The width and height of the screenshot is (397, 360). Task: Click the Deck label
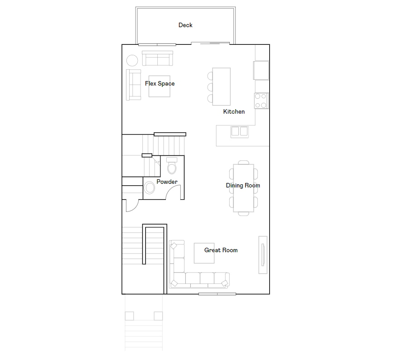click(x=185, y=25)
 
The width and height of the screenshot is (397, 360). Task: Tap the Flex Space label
click(x=160, y=84)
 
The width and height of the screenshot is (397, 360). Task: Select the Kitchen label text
click(x=234, y=112)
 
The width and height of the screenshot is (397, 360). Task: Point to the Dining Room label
click(x=243, y=186)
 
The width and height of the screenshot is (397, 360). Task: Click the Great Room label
click(x=221, y=250)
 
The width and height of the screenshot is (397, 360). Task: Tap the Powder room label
click(x=167, y=182)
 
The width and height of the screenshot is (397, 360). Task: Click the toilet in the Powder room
click(x=172, y=167)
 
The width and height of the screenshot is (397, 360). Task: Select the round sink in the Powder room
click(x=150, y=188)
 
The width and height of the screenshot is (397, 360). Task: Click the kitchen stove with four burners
click(x=261, y=101)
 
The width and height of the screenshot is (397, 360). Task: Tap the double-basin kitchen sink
click(x=240, y=131)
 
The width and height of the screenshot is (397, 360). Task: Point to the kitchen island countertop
click(x=222, y=86)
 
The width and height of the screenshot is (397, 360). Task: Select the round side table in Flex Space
click(x=132, y=61)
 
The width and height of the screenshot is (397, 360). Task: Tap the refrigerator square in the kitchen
click(x=261, y=70)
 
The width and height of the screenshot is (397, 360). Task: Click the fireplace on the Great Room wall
click(x=263, y=254)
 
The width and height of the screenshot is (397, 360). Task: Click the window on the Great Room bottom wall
click(x=217, y=294)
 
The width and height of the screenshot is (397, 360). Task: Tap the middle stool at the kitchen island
click(x=210, y=86)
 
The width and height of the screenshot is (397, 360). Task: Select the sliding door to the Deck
click(x=210, y=43)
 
